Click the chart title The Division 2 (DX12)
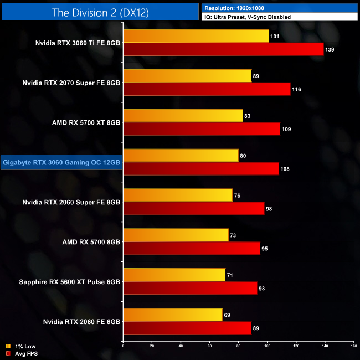click(x=100, y=12)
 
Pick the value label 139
click(x=331, y=49)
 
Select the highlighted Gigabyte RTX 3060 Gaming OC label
click(x=61, y=162)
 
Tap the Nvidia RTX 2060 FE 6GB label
click(x=81, y=322)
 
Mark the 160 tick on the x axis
click(x=353, y=346)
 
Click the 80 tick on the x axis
click(x=238, y=346)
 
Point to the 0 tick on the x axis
click(x=123, y=346)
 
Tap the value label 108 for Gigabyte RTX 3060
click(x=286, y=169)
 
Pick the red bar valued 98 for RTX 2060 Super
click(x=194, y=209)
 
